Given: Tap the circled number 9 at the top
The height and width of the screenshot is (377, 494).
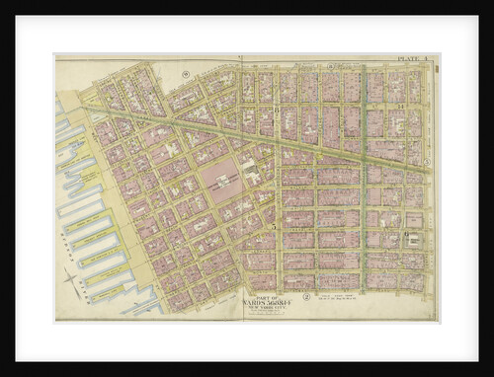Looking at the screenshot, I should [185, 74].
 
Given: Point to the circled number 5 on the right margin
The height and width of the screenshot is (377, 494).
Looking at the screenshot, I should [428, 160].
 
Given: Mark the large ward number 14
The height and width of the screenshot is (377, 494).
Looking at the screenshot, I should [400, 106].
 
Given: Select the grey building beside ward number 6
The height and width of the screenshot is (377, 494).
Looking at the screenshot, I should [416, 239].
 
